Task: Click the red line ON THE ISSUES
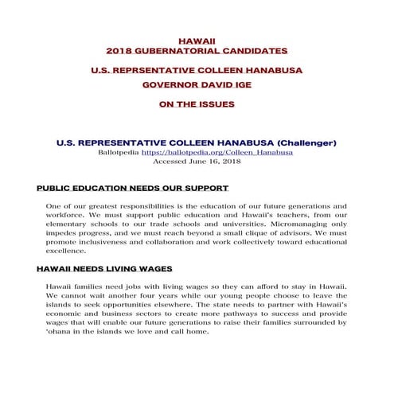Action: coord(197,103)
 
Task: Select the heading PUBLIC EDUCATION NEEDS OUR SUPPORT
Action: coord(133,189)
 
